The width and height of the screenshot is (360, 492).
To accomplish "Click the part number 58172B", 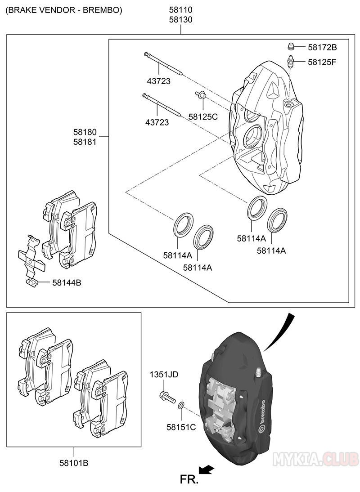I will [x=322, y=47].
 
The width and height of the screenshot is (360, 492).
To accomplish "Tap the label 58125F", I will [x=322, y=62].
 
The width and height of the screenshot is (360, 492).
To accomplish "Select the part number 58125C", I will [x=203, y=117].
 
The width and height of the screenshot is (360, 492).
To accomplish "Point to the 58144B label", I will [x=67, y=283].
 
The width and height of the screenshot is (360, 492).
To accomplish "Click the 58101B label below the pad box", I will [x=73, y=463].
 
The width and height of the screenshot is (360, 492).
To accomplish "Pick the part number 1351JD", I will [x=164, y=375].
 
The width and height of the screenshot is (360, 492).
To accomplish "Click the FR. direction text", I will [x=189, y=479].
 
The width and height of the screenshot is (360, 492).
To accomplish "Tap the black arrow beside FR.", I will [x=207, y=470].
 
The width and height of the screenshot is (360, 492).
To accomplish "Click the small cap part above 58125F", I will [x=291, y=46].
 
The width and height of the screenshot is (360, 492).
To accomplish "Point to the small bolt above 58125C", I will [x=201, y=95].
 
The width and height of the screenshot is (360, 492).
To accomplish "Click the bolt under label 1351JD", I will [x=166, y=397].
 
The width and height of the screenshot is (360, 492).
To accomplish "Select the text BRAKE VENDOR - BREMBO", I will [x=64, y=10].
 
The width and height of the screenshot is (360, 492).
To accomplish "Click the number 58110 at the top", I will [x=181, y=10].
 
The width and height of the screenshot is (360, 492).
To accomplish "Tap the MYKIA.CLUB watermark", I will [x=315, y=459].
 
